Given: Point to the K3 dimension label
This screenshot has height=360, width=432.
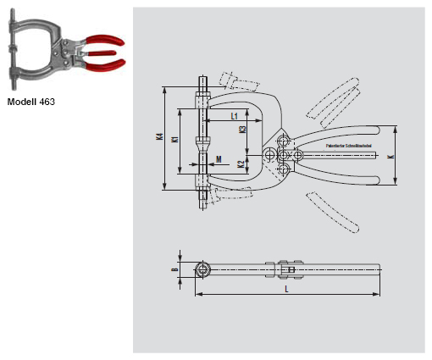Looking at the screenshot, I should pos(242,130).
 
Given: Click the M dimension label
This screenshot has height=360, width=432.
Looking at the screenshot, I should pos(219,158).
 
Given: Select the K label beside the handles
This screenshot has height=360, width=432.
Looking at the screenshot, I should pos(390,156).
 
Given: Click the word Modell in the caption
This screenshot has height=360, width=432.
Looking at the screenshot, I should pos(21,102).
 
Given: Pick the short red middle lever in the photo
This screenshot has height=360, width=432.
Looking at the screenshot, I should pos(97,53).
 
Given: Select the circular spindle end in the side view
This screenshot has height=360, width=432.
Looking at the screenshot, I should pos(204,269).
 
